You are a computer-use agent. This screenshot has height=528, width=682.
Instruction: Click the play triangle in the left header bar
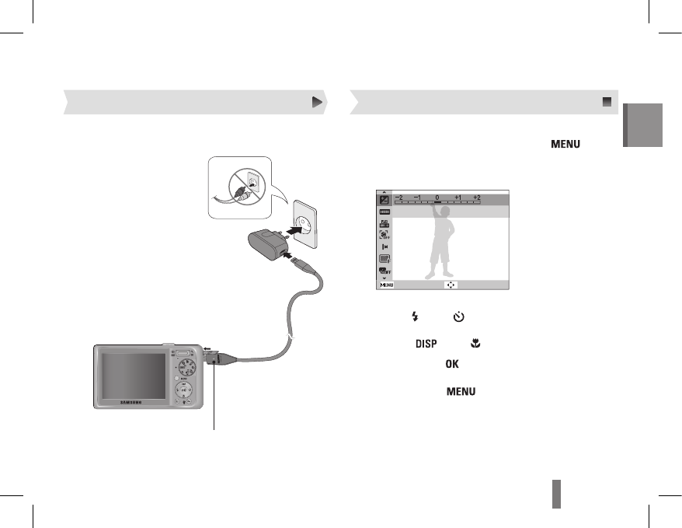pos(317,102)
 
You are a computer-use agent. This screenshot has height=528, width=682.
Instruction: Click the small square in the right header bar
pos(607,102)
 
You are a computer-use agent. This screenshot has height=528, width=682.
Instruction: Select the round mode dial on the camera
pos(186,366)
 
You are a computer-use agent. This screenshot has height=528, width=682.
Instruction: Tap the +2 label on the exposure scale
pos(477,198)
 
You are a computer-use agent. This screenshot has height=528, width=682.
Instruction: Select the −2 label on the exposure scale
pos(398,198)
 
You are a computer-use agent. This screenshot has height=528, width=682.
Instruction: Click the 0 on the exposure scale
pos(437,198)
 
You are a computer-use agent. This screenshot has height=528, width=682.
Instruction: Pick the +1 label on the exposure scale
pos(458,198)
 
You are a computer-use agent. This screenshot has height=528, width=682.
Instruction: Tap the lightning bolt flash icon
pos(415,316)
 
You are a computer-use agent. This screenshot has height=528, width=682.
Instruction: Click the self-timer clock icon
pos(459,316)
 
